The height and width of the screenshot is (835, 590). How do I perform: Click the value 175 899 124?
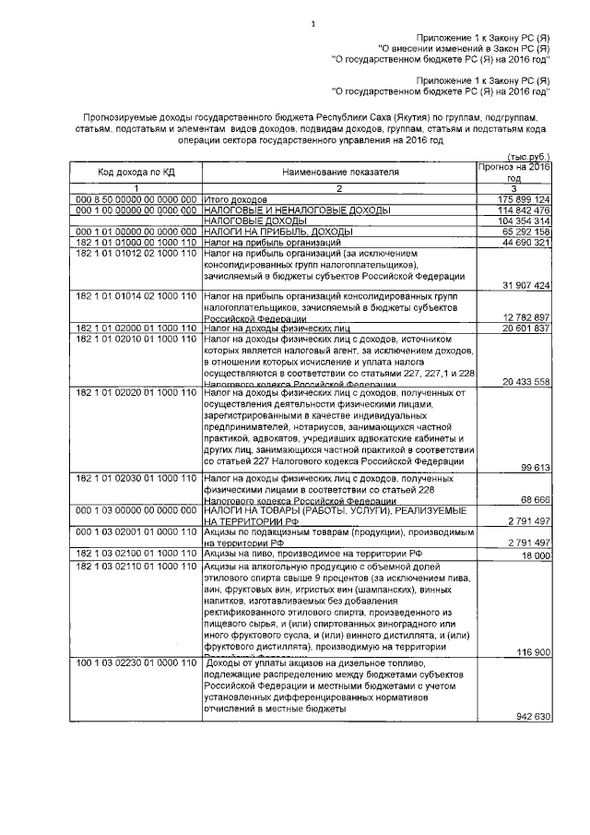[524, 199]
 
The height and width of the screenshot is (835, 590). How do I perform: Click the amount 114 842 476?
[524, 210]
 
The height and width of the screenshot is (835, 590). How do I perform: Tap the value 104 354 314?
[524, 221]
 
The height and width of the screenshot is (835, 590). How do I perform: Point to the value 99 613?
[535, 468]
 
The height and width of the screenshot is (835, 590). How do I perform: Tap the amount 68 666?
[535, 499]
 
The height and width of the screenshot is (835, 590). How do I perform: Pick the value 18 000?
[535, 556]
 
